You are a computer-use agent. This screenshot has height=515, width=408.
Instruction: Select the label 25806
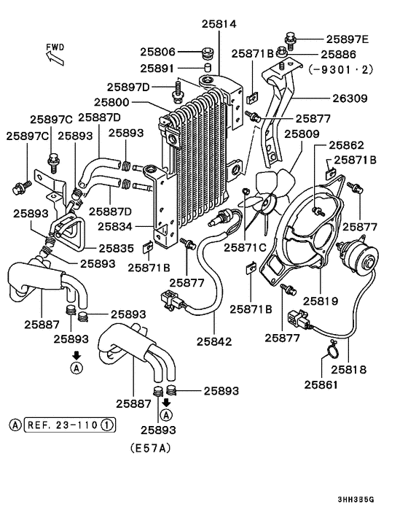157,52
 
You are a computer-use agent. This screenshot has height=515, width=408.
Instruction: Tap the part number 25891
157,69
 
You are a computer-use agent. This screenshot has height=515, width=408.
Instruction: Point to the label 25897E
347,39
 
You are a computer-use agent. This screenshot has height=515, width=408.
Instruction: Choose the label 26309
350,97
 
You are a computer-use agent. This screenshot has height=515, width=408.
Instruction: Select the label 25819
321,300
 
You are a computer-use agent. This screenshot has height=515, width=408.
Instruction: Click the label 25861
321,383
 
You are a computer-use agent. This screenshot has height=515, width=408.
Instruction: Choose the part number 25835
115,247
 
